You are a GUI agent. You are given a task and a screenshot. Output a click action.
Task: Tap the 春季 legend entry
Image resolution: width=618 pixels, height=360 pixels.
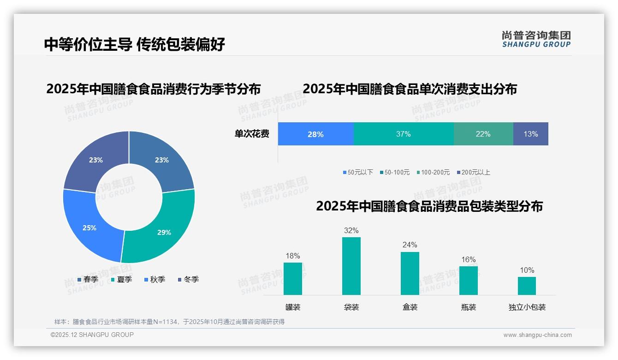pyautogui.click(x=88, y=279)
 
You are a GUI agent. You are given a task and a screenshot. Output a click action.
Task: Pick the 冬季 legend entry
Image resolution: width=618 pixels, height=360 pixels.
pyautogui.click(x=188, y=279)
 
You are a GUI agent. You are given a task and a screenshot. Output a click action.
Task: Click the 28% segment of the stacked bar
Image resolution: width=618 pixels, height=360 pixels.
pyautogui.click(x=315, y=134)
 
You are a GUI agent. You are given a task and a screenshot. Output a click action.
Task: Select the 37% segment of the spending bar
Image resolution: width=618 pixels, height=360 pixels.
pyautogui.click(x=403, y=134)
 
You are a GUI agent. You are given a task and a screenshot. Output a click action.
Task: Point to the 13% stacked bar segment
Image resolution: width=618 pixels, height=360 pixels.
pyautogui.click(x=530, y=134)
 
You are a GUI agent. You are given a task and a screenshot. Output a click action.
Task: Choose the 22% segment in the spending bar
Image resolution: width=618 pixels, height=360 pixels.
pyautogui.click(x=483, y=134)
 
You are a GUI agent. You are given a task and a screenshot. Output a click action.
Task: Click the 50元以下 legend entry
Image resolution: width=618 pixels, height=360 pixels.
pyautogui.click(x=358, y=172)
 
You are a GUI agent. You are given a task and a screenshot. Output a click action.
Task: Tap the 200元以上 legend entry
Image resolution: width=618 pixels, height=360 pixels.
pyautogui.click(x=474, y=172)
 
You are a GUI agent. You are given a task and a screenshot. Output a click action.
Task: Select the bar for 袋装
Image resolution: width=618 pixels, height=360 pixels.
pyautogui.click(x=351, y=266)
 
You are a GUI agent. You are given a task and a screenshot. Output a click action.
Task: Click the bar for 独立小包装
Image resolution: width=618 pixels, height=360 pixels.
pyautogui.click(x=527, y=286)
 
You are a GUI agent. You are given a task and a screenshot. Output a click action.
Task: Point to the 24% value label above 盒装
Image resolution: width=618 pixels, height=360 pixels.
pyautogui.click(x=410, y=245)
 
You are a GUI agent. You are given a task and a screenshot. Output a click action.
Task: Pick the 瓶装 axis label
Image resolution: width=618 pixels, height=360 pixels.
pyautogui.click(x=468, y=307)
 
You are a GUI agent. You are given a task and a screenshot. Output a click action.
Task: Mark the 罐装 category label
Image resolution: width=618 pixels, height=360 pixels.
pyautogui.click(x=293, y=307)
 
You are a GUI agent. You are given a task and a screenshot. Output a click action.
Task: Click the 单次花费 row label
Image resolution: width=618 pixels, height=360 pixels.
pyautogui.click(x=252, y=134)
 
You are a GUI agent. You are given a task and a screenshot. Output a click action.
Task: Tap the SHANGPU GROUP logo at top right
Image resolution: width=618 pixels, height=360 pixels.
pyautogui.click(x=536, y=39)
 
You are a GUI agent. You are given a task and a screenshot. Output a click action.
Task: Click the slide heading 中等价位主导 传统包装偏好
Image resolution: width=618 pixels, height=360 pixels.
pyautogui.click(x=135, y=44)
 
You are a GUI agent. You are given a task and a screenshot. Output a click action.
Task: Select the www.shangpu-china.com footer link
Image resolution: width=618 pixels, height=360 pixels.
pyautogui.click(x=537, y=335)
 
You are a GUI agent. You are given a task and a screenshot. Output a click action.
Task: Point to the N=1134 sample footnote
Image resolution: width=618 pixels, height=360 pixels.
pyautogui.click(x=169, y=322)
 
